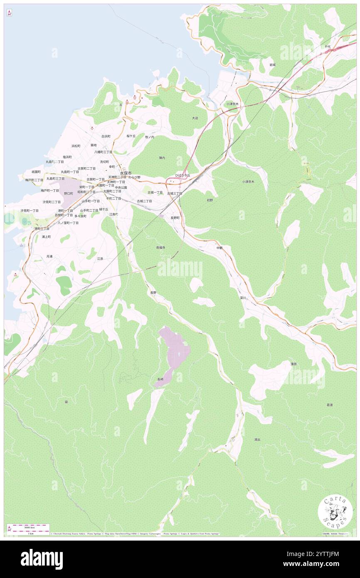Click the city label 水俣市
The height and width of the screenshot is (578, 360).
coord(126,173)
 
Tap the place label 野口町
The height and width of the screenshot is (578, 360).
coord(69,193)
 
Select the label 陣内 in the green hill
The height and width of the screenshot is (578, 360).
coord(162,158)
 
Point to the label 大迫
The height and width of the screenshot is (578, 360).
coord(195,118)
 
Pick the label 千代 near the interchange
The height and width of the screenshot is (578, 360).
coord(328,47)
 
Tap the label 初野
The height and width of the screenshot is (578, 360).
coord(210,200)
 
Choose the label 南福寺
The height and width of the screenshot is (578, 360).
coord(160,247)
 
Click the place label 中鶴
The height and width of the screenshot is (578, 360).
coord(219,247)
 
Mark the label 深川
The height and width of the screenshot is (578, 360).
coord(243,298)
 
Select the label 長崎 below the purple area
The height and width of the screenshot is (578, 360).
coord(160,379)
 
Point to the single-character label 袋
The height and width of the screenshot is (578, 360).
coord(66,402)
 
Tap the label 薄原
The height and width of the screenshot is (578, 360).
coord(293,364)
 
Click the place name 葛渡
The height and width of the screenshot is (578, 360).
coord(329,404)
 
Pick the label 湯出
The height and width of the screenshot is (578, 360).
coord(257,439)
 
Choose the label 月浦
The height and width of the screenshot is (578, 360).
coord(49,256)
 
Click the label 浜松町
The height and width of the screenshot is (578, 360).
coord(76,146)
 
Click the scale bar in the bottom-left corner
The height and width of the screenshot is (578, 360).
coord(28,528)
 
